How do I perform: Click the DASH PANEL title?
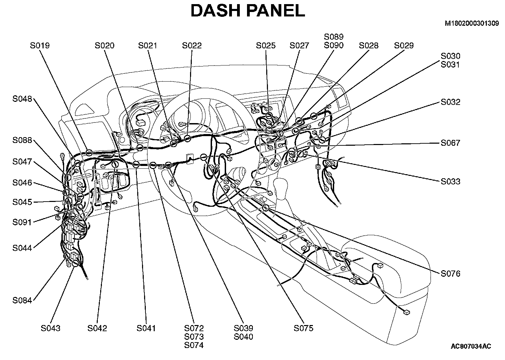pos(247,11)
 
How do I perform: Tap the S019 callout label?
pos(40,46)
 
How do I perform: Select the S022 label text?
pos(192,46)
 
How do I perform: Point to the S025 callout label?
pos(266,46)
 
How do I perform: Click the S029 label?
pos(404,46)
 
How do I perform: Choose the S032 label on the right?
pos(450,102)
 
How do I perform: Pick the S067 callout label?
pos(450,143)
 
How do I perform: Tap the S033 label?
pos(450,181)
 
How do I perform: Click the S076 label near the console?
pos(450,274)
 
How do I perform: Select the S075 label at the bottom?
pos(304,328)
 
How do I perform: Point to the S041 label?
pos(146,328)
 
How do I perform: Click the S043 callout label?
pos(50,328)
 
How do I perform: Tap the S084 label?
pos(22,301)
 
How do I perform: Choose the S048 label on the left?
pos(22,99)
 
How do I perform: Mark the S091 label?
pos(22,222)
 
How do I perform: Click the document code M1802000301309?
pos(472,24)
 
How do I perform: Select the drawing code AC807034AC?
pos(471,346)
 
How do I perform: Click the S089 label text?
pos(333,37)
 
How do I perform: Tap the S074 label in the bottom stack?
pos(194,346)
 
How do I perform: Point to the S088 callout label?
pos(22,140)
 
